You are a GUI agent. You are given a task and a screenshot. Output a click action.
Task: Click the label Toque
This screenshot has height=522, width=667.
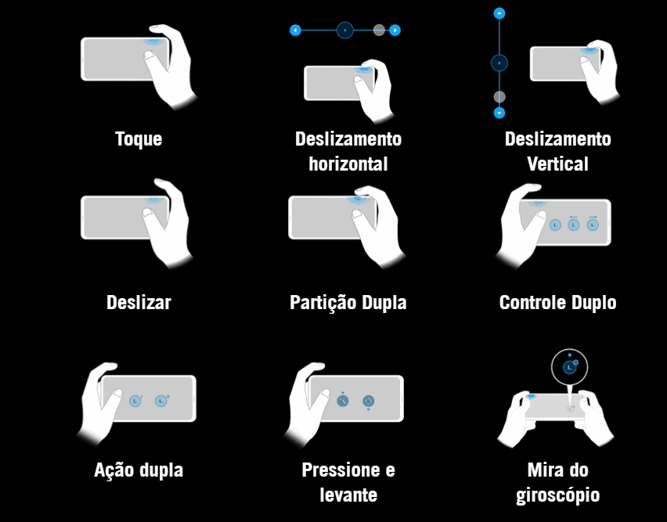tap(139, 139)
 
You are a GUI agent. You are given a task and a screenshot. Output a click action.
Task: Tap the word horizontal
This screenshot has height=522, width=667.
tap(348, 164)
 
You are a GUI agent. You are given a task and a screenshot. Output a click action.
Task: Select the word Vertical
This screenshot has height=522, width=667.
tap(557, 164)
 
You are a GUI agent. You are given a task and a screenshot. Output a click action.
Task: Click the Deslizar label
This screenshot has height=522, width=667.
tap(139, 303)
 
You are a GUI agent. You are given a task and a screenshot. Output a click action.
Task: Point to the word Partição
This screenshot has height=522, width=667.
tap(323, 303)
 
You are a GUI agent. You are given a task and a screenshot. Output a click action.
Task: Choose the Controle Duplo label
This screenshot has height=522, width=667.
tap(557, 303)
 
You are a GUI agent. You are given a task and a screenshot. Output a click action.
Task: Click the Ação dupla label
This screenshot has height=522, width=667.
tap(139, 470)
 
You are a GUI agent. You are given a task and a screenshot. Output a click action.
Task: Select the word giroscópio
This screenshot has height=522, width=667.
tap(557, 495)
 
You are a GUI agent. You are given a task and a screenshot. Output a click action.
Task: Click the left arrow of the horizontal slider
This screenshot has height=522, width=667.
tap(295, 31)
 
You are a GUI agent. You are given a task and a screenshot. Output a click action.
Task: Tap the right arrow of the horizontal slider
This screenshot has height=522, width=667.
tap(395, 31)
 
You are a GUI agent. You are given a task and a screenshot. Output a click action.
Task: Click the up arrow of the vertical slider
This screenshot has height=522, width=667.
tap(499, 13)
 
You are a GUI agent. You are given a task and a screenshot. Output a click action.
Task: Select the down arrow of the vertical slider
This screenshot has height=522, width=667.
tap(499, 113)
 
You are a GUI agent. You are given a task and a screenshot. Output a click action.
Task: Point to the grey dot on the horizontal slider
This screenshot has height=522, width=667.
tap(379, 31)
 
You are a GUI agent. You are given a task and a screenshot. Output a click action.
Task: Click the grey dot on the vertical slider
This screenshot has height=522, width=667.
tap(499, 97)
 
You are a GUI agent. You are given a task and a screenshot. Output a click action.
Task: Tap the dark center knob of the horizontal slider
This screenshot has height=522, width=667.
tap(345, 31)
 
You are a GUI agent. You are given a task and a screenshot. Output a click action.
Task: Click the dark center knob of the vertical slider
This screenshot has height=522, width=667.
tap(499, 63)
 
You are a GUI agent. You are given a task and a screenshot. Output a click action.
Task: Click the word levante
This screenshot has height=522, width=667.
tap(348, 495)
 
